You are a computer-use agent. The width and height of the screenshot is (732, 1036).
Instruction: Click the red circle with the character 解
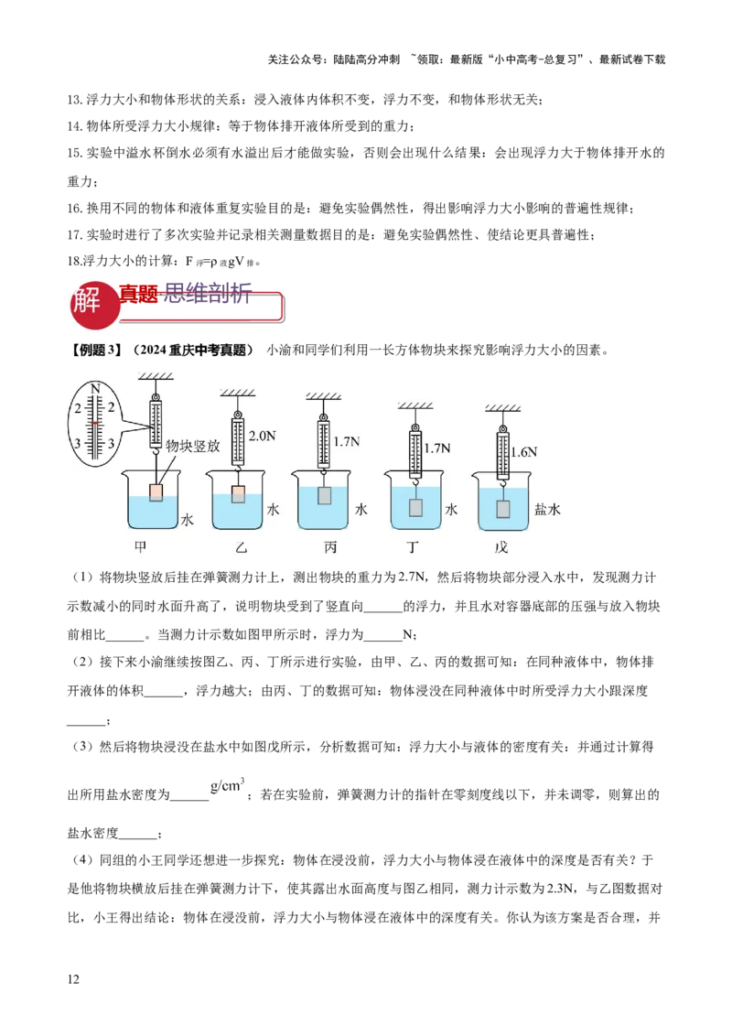tap(92, 302)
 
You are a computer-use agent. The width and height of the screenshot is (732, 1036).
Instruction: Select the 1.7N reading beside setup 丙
tap(347, 442)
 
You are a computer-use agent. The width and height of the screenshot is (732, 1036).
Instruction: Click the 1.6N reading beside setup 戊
tap(524, 452)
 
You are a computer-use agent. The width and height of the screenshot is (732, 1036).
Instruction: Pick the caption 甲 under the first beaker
tap(141, 546)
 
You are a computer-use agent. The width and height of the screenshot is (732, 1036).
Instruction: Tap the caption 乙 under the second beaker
tap(240, 547)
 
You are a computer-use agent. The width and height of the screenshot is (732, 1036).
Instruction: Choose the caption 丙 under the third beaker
tap(329, 547)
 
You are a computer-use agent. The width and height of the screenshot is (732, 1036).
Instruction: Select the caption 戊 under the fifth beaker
tap(501, 547)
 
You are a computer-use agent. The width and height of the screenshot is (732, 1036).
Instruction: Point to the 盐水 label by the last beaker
tap(547, 510)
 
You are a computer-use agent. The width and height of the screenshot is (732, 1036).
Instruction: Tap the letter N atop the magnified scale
tap(95, 388)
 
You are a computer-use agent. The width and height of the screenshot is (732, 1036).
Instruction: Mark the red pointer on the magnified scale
tap(95, 423)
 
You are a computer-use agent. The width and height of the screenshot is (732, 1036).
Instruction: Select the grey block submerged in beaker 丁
tap(415, 507)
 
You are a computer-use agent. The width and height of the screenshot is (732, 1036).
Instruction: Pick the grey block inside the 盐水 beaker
tap(502, 509)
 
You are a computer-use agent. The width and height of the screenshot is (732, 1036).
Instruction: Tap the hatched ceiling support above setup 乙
tap(238, 394)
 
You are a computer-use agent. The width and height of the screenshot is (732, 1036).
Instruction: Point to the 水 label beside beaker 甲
tap(188, 520)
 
